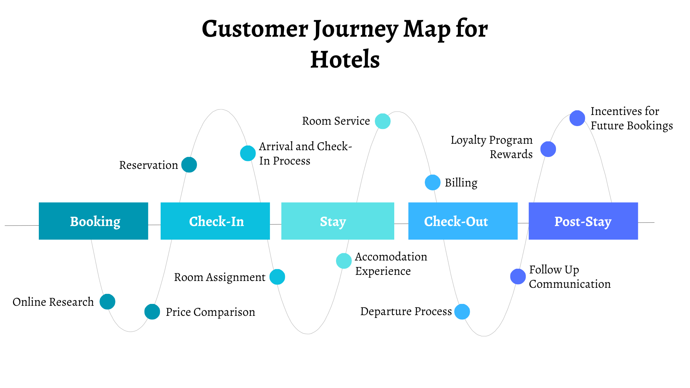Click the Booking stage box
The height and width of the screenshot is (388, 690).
(x=93, y=221)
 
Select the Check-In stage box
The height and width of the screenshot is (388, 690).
(x=215, y=221)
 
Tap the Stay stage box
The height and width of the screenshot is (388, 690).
(x=337, y=221)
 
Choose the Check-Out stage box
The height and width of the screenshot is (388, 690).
(x=463, y=221)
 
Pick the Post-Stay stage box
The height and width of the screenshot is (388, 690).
(x=583, y=221)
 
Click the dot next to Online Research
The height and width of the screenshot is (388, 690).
(x=107, y=301)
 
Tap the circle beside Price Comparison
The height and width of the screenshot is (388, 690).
(x=152, y=311)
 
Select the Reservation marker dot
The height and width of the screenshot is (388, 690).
(x=189, y=165)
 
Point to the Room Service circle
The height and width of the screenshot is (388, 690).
(x=383, y=121)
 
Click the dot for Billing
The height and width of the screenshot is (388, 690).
(x=432, y=183)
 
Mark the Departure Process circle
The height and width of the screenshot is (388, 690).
(x=462, y=311)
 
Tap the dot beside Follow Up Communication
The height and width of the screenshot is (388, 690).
(x=518, y=276)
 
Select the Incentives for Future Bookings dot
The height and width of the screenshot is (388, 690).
(x=577, y=118)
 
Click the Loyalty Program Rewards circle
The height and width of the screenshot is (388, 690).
(x=548, y=149)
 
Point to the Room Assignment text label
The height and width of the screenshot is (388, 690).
(x=220, y=277)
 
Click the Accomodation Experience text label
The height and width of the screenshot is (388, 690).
(x=391, y=264)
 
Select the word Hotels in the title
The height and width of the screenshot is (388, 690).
(x=345, y=59)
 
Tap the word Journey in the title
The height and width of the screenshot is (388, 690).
(x=356, y=29)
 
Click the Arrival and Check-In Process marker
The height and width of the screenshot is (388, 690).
(x=248, y=153)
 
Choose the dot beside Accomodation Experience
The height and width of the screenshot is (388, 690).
(x=344, y=261)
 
